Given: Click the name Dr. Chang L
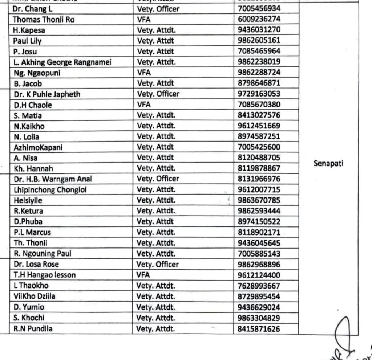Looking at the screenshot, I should (33, 9).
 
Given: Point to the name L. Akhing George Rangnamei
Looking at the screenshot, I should (62, 62).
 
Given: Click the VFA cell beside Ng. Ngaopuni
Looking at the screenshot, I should (144, 73).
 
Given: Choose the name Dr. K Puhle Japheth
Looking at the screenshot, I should (47, 94).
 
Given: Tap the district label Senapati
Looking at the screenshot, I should (328, 163).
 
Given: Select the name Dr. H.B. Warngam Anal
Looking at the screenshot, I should (53, 179).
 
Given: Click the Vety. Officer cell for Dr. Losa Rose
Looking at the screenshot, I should (158, 264).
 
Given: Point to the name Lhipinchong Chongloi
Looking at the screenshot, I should (50, 190).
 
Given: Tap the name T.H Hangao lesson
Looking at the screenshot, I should (45, 275).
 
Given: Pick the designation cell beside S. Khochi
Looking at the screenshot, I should (156, 318).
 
